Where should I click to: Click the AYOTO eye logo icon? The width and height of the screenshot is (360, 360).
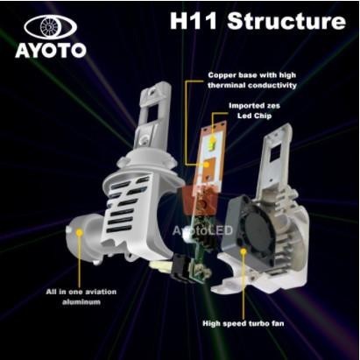50,26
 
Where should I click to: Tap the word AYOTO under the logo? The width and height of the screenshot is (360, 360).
50,50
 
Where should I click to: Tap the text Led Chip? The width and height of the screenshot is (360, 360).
253,117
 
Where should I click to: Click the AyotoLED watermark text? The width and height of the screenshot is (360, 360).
200,230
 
